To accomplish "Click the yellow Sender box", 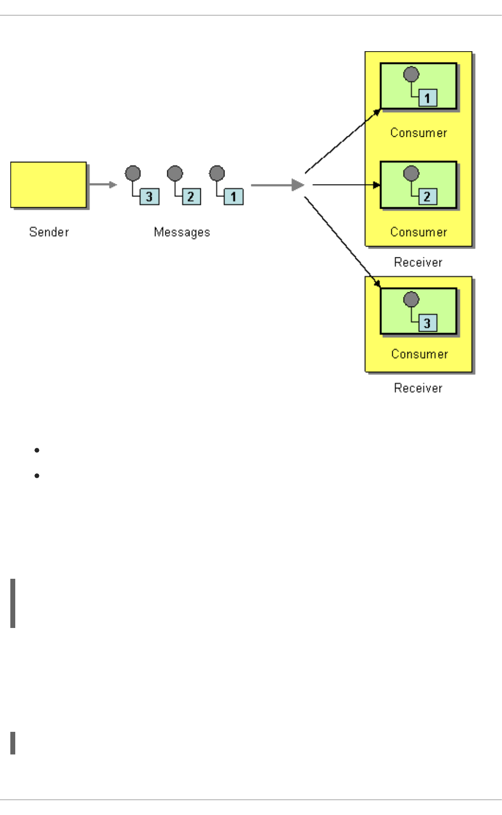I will pos(48,185).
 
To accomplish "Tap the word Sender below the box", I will pos(49,232).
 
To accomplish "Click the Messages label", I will pos(182,232).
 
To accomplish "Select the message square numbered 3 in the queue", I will pos(149,197).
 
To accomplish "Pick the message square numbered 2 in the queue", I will pos(190,197).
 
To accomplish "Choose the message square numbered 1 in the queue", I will pos(233,197).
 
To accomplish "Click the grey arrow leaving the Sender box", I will pos(102,185).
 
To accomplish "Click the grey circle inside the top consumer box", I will pos(411,74).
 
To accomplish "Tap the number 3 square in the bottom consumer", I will pos(427,323).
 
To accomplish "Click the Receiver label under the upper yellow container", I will pos(418,262).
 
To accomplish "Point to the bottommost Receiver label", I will pos(418,388).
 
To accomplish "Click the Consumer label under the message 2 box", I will pos(418,232).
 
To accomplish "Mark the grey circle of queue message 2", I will pos(175,173).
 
